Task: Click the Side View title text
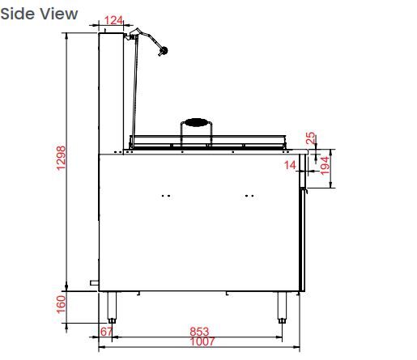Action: (40, 14)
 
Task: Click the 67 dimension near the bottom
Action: (105, 332)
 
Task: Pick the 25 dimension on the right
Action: (310, 138)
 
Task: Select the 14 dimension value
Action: (291, 166)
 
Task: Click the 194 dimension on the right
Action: (325, 166)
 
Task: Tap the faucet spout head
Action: (164, 52)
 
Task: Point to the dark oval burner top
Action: (196, 123)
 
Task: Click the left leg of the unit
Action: (112, 306)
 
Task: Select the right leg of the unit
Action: (282, 306)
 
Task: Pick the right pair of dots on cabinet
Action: (249, 195)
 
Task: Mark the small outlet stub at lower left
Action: (95, 283)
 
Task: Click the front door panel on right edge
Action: (303, 239)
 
